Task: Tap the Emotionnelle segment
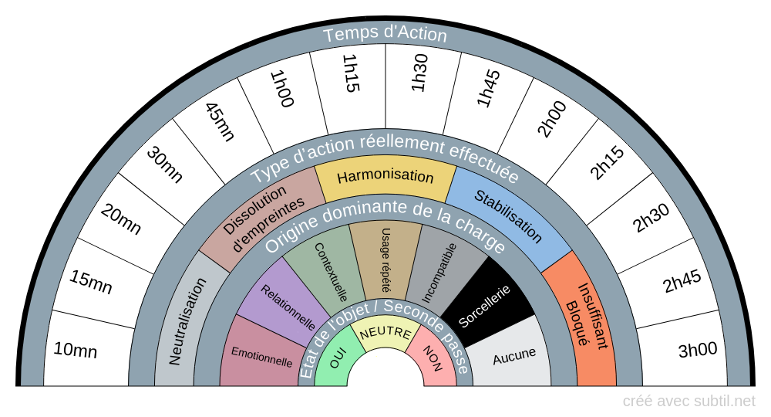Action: coord(261,359)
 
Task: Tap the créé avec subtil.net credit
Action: coord(689,401)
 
